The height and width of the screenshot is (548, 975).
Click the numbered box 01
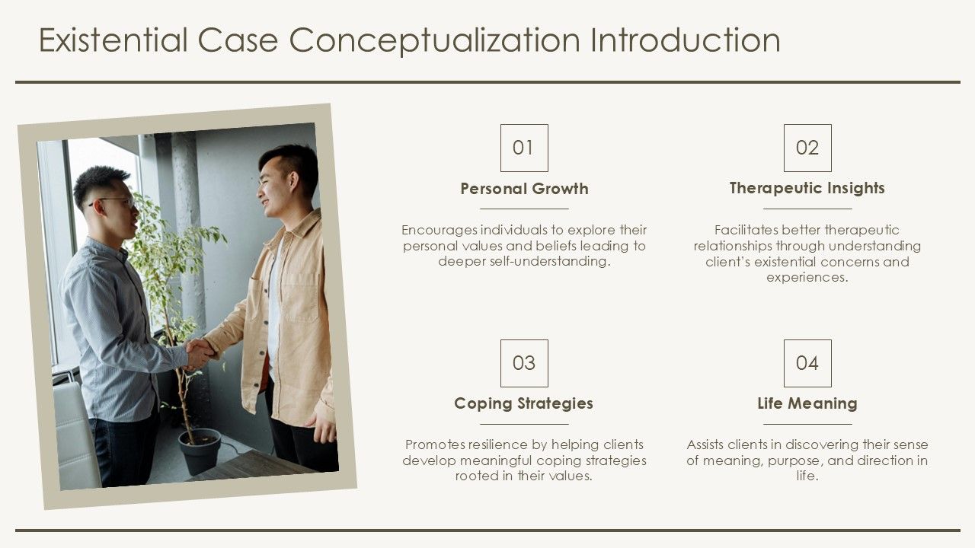coord(523,148)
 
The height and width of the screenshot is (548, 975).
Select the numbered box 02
coord(807,148)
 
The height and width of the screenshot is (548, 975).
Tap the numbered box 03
coord(523,363)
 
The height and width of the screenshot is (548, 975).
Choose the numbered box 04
coord(807,363)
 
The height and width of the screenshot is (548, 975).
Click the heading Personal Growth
coord(524,189)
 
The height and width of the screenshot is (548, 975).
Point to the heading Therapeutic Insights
coord(807,188)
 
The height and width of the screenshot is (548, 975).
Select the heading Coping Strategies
coord(523,403)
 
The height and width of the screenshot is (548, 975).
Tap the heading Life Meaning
coord(807,403)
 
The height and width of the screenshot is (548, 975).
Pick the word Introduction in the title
coord(686,40)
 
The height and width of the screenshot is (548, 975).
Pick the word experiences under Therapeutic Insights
coord(807,278)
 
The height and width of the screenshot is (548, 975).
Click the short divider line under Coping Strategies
coord(523,424)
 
